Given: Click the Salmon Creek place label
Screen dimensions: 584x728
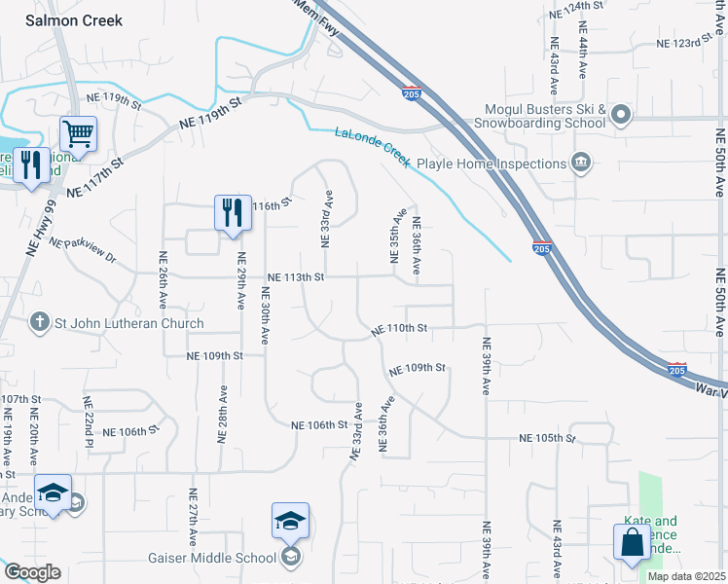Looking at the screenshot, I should [x=74, y=20].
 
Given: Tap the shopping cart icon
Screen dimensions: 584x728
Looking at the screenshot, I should [x=77, y=133].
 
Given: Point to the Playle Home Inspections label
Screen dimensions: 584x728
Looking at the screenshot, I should [x=491, y=164].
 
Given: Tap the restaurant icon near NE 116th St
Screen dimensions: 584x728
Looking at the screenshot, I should [x=232, y=212].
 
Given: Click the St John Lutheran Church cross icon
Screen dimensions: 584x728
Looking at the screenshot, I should [x=39, y=323].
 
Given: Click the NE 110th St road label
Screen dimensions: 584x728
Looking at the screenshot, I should [x=399, y=330].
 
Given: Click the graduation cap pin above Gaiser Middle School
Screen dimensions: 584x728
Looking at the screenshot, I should [x=290, y=522].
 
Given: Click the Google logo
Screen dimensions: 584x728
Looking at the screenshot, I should [x=31, y=572].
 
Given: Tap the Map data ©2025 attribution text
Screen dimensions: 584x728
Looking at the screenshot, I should [x=686, y=576].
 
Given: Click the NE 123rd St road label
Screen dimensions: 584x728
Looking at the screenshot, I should [x=692, y=44].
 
